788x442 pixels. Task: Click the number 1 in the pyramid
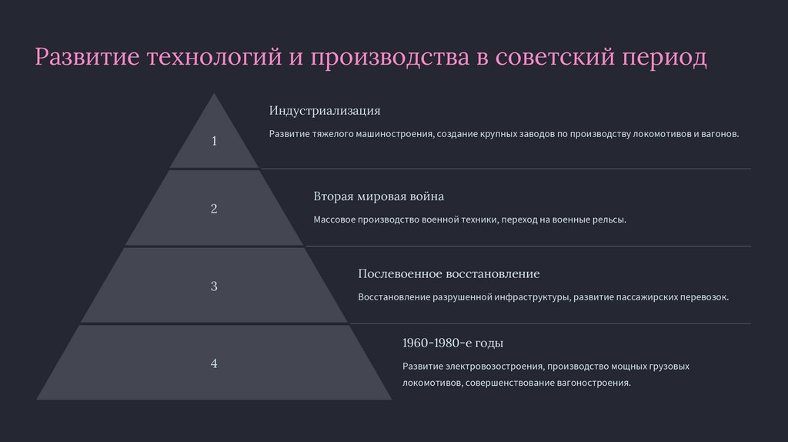[x=214, y=141]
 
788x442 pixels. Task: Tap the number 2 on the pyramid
[x=214, y=209]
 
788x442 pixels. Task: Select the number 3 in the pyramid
[x=214, y=286]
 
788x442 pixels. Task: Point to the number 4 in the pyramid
[x=214, y=363]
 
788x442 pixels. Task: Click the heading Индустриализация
[x=325, y=111]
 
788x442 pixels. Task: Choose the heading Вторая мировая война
[x=379, y=196]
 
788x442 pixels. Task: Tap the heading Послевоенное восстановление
[x=449, y=274]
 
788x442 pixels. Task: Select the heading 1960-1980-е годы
[x=452, y=343]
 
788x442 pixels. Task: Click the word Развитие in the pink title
[x=86, y=58]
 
